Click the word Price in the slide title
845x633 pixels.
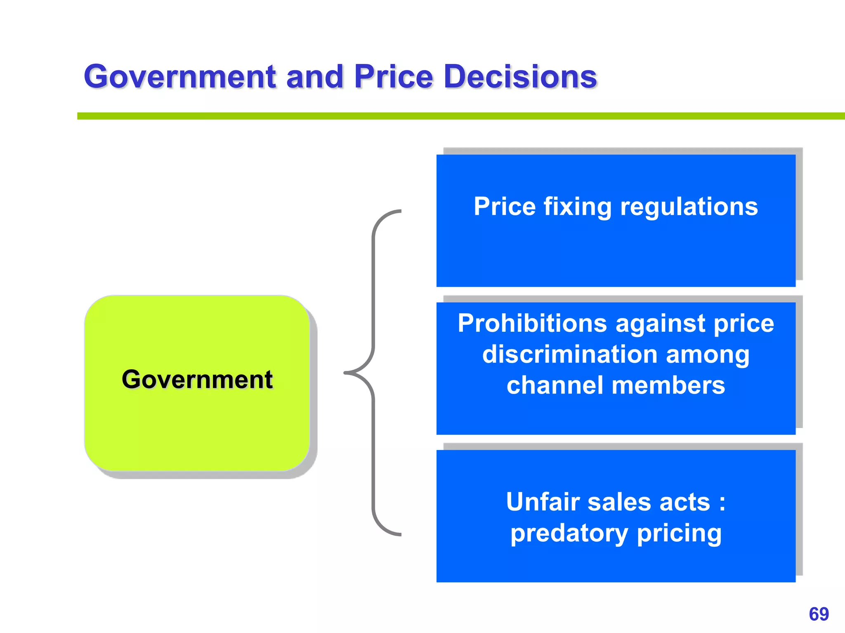pos(394,77)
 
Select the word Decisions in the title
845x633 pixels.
pos(520,77)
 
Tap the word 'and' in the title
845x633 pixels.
pos(315,77)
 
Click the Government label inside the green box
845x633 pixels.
pos(197,379)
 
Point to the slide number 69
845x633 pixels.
pos(819,614)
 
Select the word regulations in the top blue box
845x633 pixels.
pos(689,207)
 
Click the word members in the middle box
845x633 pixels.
pos(668,385)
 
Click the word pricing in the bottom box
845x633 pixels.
pos(679,533)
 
